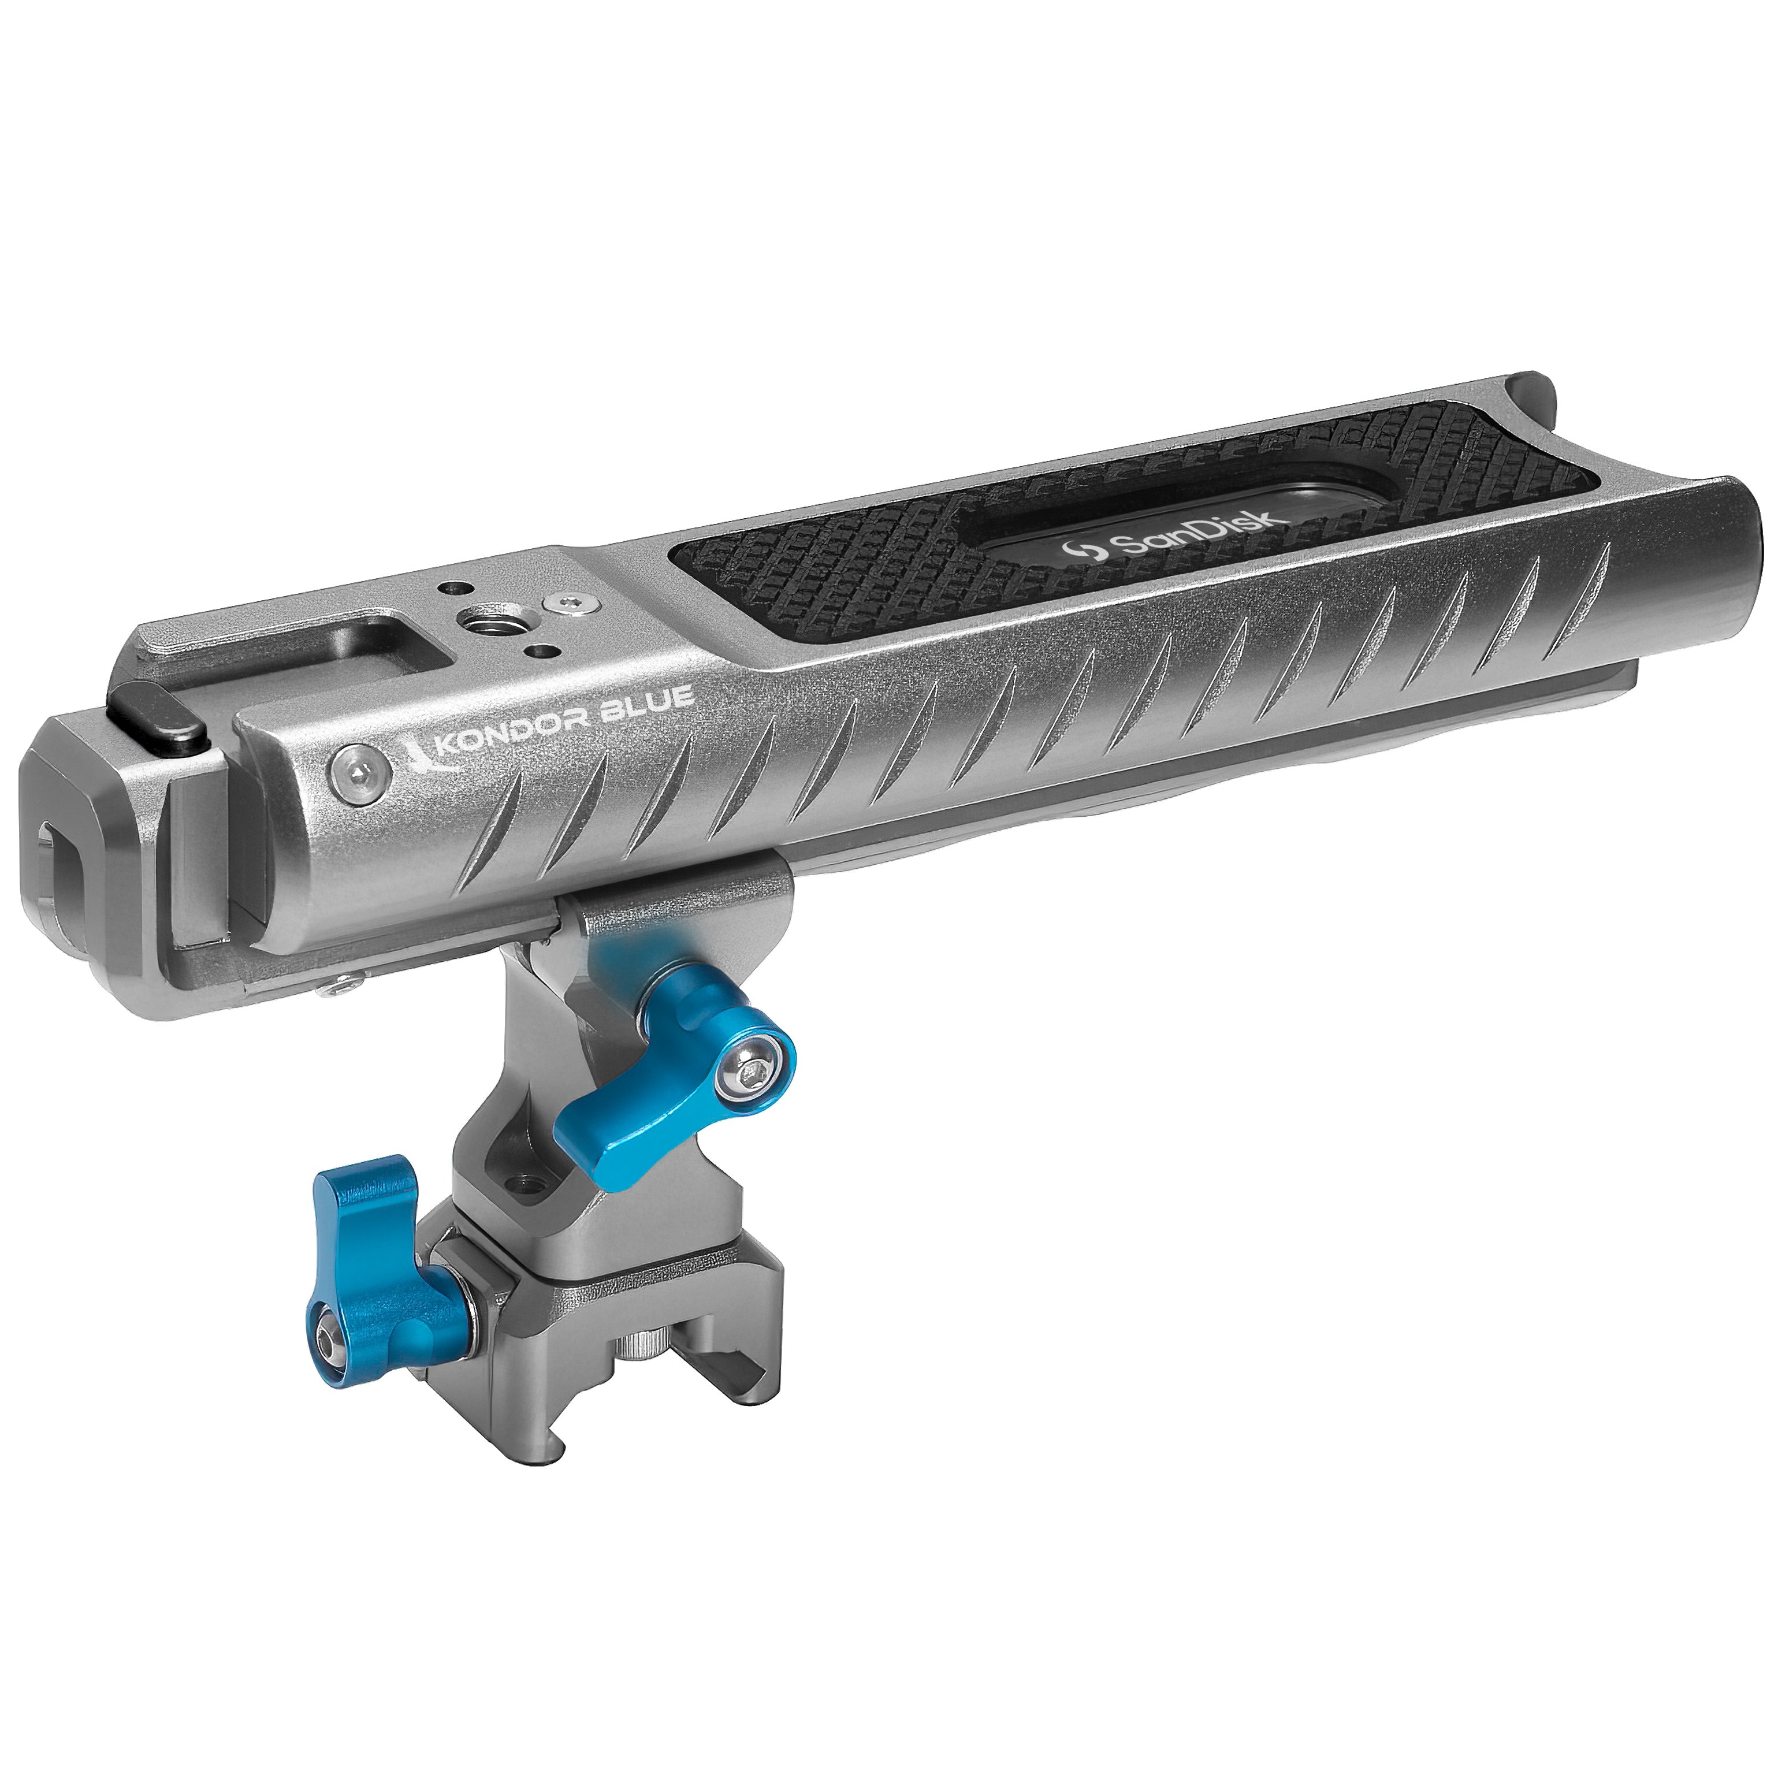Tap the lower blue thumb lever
pos(373,1270)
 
